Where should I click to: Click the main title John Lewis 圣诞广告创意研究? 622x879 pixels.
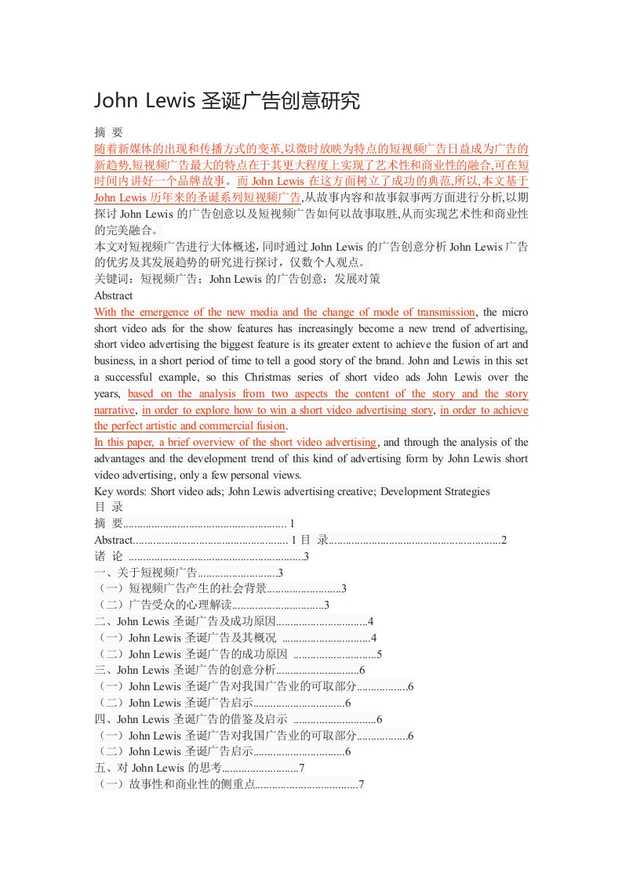227,101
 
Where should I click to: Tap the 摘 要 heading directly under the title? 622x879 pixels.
108,132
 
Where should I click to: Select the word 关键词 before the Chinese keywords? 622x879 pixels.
109,279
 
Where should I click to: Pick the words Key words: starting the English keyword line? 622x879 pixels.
120,491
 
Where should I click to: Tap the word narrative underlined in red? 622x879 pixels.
114,410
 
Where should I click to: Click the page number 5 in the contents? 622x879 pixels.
380,654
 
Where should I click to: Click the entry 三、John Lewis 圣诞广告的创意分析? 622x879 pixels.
184,670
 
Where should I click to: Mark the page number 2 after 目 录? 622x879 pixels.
504,540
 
